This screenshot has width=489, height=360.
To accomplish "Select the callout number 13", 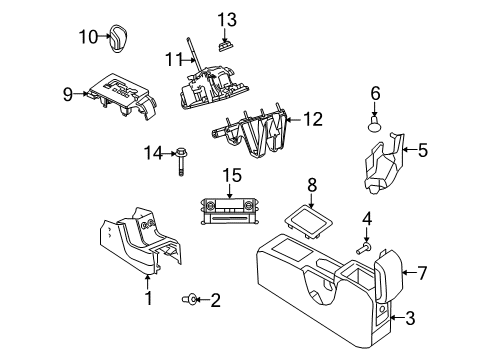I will point(227,20).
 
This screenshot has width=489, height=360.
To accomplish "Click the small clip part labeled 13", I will point(226,43).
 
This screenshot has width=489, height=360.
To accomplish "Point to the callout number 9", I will point(68,95).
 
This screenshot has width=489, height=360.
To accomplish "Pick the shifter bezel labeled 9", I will point(121,92).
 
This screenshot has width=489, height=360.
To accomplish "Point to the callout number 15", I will point(231,175).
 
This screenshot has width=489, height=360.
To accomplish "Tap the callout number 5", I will point(423,150).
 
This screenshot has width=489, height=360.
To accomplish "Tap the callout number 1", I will point(148,296).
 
